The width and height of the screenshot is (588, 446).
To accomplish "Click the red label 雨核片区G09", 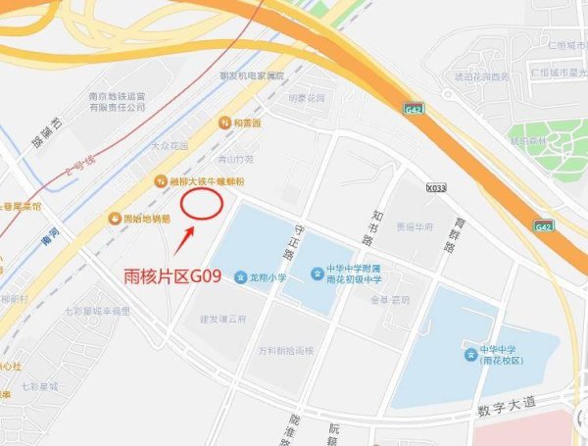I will [x=182, y=277].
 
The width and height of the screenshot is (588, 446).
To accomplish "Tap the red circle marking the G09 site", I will [x=203, y=203].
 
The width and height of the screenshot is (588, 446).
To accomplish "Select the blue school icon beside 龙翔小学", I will [x=240, y=278].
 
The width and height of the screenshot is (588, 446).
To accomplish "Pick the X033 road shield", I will [x=436, y=187].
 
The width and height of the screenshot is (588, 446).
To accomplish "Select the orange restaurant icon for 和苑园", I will [x=225, y=124].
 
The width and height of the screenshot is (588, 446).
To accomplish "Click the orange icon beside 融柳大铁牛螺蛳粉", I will [x=160, y=181].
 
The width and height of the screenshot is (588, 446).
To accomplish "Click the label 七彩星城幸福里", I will [x=97, y=311].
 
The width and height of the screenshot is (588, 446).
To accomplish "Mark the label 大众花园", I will [x=169, y=146].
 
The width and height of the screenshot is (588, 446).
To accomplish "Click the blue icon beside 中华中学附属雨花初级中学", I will [x=318, y=272].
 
